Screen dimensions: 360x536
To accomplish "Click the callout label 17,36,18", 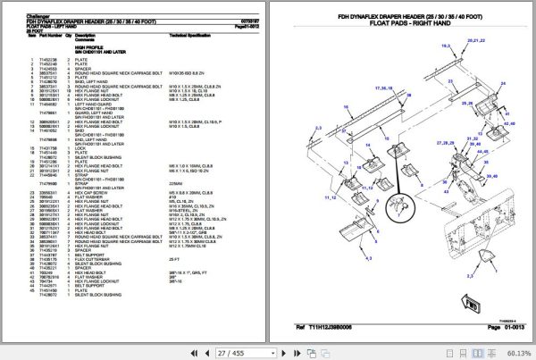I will click(384, 88).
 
